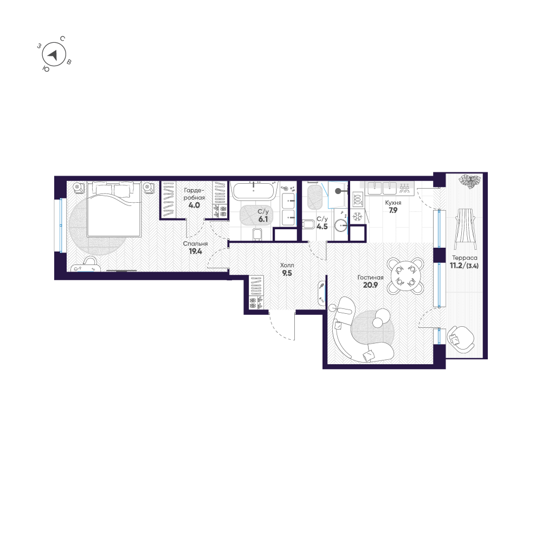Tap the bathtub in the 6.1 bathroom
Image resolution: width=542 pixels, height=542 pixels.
254,191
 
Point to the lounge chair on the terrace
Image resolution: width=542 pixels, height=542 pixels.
464,227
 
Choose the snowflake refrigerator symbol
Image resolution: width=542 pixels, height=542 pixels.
357,218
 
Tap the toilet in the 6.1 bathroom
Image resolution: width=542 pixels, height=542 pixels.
257,234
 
